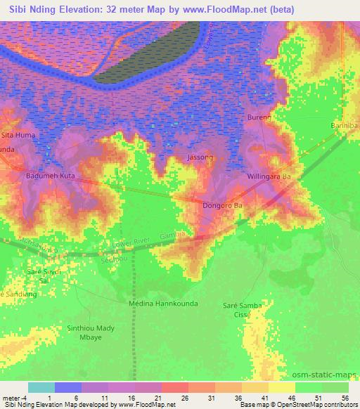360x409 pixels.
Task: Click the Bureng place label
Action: pyautogui.click(x=259, y=117)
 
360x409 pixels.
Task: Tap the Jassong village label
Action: pyautogui.click(x=200, y=157)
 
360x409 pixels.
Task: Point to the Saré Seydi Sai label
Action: pyautogui.click(x=44, y=275)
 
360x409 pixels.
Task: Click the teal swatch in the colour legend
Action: pyautogui.click(x=41, y=387)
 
